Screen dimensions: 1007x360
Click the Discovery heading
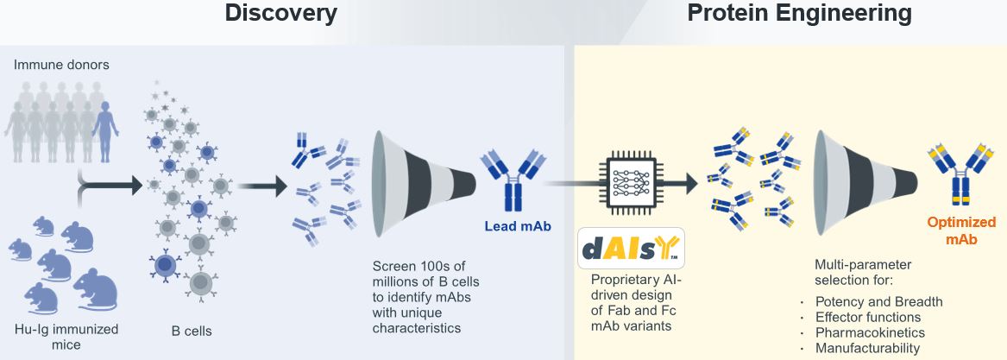coord(280,13)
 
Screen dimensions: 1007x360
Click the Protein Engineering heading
coord(800,13)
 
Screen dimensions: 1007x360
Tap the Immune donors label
coord(61,64)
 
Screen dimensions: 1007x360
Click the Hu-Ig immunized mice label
coord(66,336)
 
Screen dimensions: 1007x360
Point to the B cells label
coord(186,332)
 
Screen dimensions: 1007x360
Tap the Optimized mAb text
coord(960,231)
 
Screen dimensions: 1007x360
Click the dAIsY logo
coord(631,248)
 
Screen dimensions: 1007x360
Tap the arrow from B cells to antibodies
coord(261,186)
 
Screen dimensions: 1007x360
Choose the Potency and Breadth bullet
coord(878,301)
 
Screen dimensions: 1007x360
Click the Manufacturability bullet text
coord(867,349)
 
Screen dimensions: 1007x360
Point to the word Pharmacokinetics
coord(870,332)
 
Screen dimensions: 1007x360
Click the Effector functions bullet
coord(867,317)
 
